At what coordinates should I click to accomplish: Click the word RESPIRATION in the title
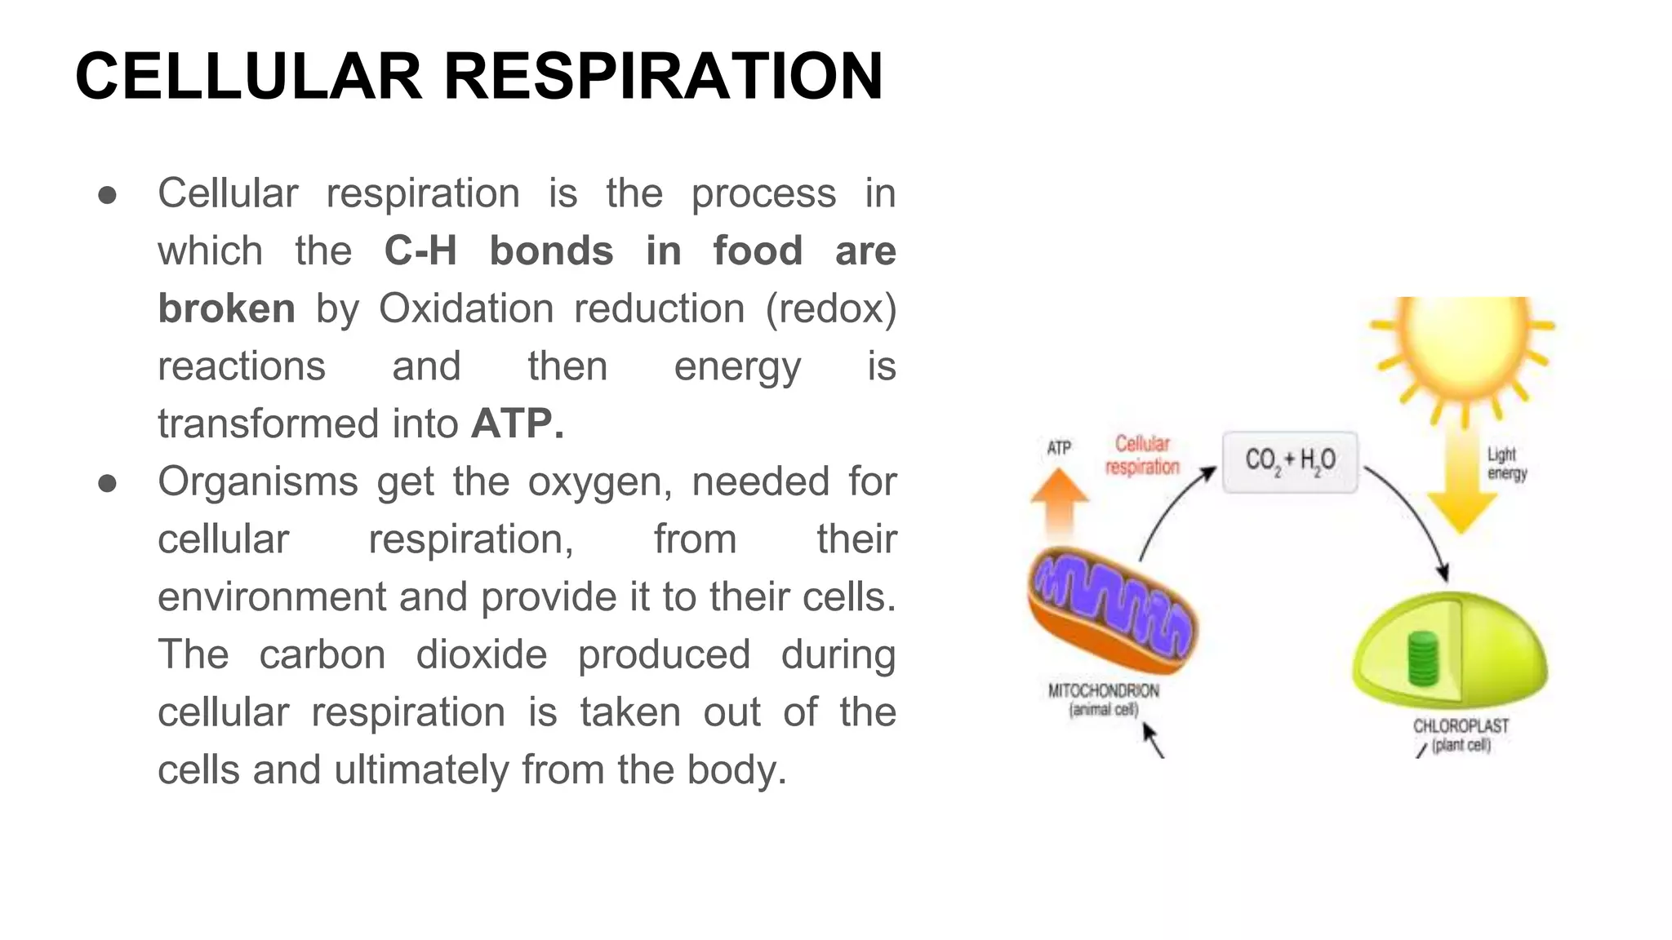663,77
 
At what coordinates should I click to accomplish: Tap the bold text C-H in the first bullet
420,251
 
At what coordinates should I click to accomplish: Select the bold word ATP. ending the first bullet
518,423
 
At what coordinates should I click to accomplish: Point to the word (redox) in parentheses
830,308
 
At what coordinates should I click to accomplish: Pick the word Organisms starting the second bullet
257,481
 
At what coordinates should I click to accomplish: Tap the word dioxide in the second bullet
482,654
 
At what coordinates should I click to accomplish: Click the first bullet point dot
107,195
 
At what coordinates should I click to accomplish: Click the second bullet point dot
107,483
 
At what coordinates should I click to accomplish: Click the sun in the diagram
1461,343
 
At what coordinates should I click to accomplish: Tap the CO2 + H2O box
1290,462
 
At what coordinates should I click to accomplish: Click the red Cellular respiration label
1142,455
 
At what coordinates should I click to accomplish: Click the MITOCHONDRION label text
1103,691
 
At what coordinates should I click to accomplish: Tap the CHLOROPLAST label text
1461,726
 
